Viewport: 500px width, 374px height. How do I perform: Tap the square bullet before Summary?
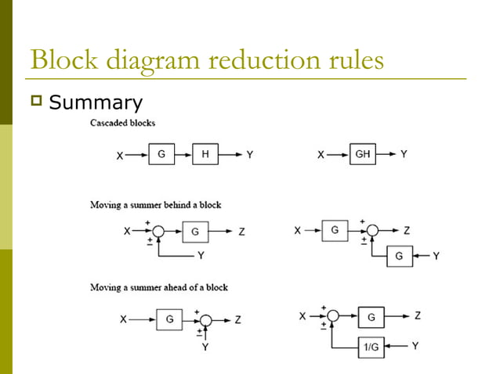coord(36,102)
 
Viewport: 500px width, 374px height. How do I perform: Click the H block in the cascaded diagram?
coord(205,155)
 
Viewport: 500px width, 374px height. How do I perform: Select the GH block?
coord(363,155)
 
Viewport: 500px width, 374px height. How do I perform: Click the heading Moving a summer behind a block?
coord(156,205)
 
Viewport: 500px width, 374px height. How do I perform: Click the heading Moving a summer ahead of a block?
coord(159,287)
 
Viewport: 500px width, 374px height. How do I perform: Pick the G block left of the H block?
coord(161,155)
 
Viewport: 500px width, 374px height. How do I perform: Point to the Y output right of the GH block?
coord(404,155)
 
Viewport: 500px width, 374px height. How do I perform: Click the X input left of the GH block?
coord(321,155)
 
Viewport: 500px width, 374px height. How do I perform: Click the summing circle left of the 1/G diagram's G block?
coord(332,316)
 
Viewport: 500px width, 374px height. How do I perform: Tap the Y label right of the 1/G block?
coord(416,346)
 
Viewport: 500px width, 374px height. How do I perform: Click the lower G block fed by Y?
coord(400,256)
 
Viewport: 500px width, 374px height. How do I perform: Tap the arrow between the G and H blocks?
coord(183,155)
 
